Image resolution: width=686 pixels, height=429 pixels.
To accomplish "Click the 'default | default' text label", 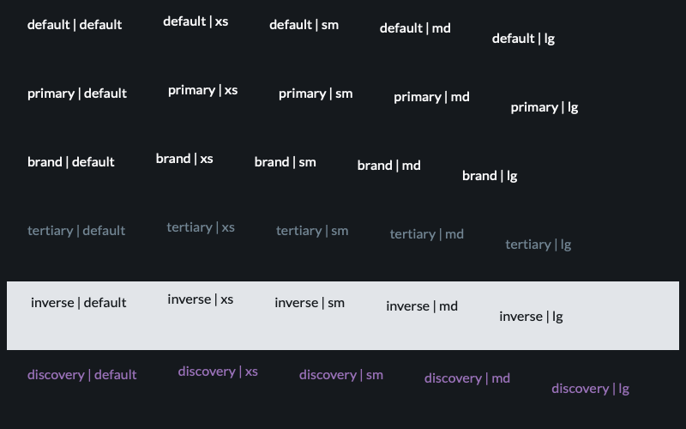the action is (75, 25).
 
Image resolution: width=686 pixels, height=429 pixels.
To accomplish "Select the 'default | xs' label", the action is (196, 21).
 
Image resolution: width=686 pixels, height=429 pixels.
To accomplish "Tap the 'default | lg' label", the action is (523, 39).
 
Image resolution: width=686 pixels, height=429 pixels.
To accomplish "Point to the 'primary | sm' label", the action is (316, 94).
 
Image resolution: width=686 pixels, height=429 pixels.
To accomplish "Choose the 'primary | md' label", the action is (431, 97).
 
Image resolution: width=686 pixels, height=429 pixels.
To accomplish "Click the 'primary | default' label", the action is (77, 94).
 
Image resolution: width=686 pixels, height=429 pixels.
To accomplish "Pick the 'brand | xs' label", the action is (184, 159).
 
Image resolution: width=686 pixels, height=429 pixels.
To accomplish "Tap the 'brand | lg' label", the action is (490, 176).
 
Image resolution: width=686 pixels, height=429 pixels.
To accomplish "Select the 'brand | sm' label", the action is (285, 162).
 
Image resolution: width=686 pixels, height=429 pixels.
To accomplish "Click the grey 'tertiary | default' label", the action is (76, 231).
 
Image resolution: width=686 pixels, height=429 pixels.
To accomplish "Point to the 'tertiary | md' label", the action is (426, 234).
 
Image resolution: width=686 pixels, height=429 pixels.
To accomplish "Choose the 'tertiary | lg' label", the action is (539, 245).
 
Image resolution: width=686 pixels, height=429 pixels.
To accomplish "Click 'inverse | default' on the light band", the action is (78, 303).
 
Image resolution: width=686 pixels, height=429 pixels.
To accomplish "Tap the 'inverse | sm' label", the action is (310, 303).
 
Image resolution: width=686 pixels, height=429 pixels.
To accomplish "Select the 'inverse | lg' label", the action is (531, 317).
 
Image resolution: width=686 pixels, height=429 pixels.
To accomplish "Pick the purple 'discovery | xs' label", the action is (218, 372).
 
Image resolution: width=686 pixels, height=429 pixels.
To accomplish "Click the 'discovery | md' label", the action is (466, 378).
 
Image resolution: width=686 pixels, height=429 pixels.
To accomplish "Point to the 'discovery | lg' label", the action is (590, 389).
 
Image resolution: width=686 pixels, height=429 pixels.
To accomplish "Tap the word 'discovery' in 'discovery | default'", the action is (56, 375).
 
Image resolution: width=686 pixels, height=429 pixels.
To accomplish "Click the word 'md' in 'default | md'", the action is (441, 28).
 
